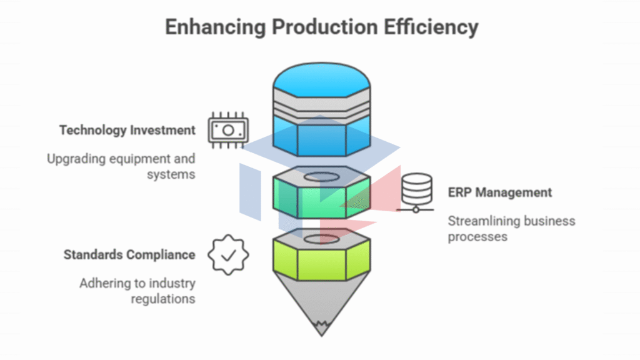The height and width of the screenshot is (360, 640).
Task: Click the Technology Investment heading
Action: [x=127, y=131]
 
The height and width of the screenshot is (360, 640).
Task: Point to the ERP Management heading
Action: [x=500, y=192]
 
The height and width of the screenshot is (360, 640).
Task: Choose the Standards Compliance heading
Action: [x=129, y=255]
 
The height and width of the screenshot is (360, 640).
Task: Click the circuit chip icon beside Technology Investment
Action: [x=227, y=129]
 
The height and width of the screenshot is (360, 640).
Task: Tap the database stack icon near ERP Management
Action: [x=416, y=192]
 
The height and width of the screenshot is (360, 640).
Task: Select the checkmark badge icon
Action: [x=228, y=254]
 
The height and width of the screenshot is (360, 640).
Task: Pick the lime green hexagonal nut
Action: [x=321, y=262]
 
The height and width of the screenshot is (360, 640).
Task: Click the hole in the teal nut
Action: [x=321, y=177]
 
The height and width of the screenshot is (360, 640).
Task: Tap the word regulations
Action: [x=162, y=299]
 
